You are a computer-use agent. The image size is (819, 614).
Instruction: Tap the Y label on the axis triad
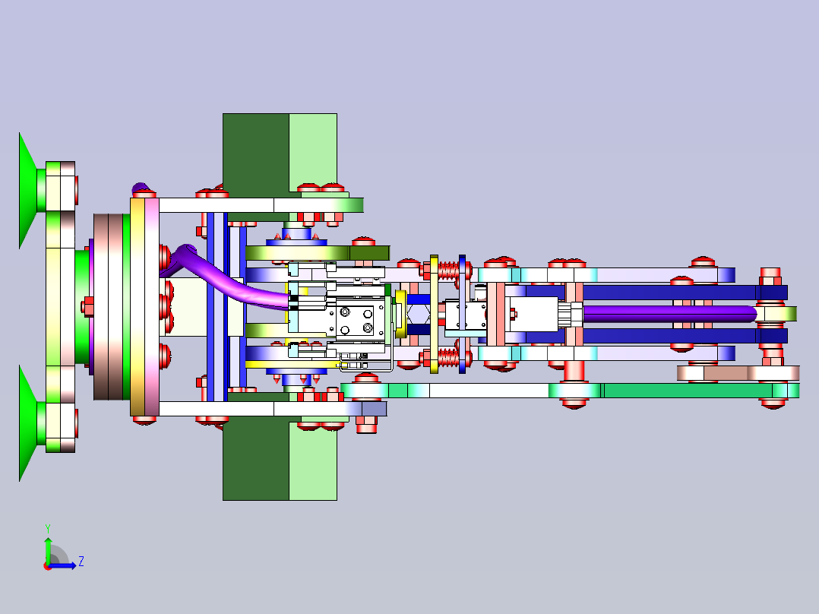coord(48,528)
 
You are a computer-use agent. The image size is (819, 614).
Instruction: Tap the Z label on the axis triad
coord(81,562)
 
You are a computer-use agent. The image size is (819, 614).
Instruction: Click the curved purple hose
coord(229,280)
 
